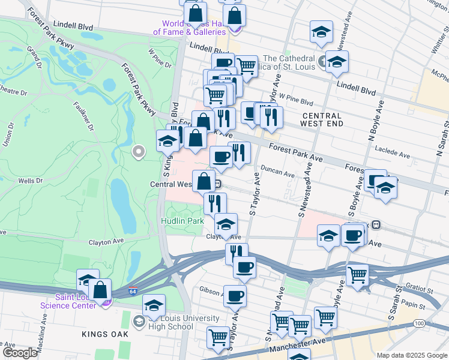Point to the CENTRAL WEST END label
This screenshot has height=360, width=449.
tap(322, 119)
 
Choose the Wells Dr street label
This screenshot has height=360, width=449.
tap(29, 180)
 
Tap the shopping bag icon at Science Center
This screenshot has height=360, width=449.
tap(100, 290)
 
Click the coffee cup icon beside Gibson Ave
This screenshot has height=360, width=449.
tap(235, 296)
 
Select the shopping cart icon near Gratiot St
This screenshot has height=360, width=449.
tap(357, 275)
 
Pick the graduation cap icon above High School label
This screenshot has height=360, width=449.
tap(154, 306)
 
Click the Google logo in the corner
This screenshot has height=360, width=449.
tap(20, 352)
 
